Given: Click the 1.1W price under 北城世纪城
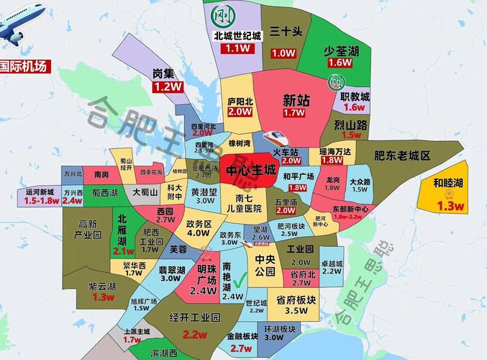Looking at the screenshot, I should tap(236, 48).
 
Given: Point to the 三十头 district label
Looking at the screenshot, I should tap(284, 32).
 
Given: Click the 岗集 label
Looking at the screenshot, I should tap(165, 73).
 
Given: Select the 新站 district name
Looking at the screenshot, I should tap(296, 100).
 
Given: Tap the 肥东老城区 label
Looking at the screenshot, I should tap(401, 156).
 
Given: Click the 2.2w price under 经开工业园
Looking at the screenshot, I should tap(194, 334).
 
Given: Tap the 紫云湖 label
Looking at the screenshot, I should tap(103, 286).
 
